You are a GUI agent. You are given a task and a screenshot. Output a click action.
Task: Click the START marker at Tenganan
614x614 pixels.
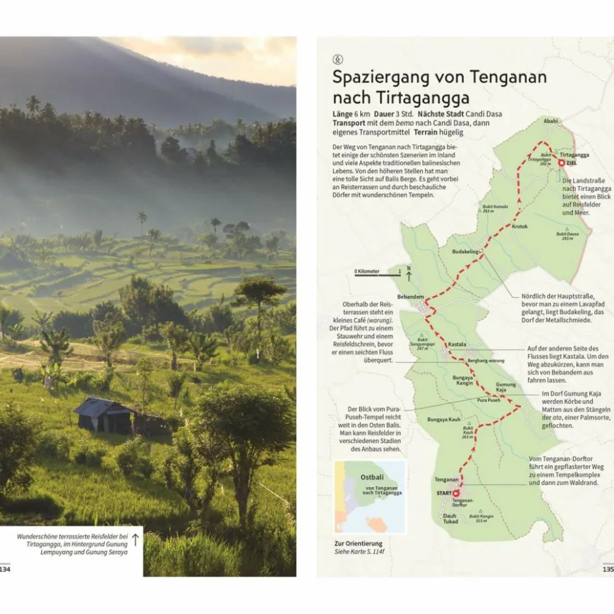coord(455,494)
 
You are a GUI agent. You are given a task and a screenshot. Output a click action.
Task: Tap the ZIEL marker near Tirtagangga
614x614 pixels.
coord(562,163)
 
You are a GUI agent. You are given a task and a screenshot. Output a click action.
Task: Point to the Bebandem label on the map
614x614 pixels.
coord(410,296)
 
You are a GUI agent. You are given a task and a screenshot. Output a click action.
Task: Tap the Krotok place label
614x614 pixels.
coord(520,226)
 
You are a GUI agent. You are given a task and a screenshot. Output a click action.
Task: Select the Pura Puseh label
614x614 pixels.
coord(488,400)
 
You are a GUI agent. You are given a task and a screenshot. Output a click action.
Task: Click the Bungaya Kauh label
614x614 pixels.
coord(444,420)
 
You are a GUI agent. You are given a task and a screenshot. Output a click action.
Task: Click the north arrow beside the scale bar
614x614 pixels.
coord(408,273)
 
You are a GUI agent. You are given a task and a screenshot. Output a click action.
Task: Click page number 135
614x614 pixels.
coord(607,568)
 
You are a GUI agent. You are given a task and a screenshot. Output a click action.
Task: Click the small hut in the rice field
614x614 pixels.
coord(104,414)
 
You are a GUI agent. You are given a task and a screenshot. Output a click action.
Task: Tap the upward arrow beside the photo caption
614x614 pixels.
coord(135,539)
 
